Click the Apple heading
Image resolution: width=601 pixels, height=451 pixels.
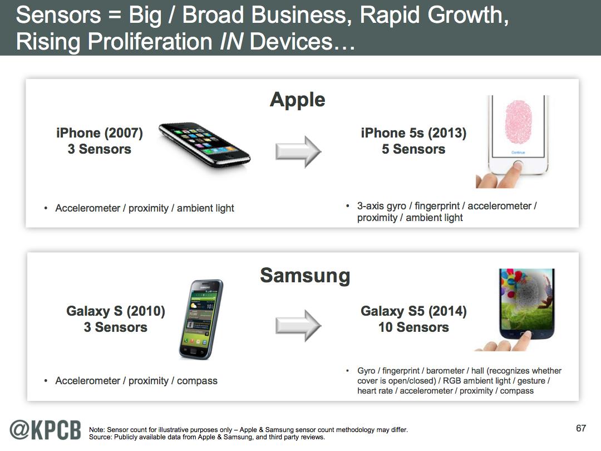click(297, 100)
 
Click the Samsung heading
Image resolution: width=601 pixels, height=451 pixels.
click(305, 276)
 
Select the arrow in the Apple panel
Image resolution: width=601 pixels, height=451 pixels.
click(298, 151)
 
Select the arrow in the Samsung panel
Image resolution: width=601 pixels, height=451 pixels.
click(298, 326)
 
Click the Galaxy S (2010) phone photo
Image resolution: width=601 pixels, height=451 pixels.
click(201, 320)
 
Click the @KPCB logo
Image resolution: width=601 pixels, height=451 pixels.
click(45, 430)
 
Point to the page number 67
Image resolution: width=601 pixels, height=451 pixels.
click(581, 428)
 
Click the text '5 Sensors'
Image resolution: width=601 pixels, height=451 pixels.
click(413, 149)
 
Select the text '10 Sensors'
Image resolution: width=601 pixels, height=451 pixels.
click(413, 327)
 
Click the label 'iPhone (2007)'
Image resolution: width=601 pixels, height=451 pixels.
click(99, 133)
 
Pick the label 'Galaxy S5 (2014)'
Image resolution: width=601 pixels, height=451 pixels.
click(413, 311)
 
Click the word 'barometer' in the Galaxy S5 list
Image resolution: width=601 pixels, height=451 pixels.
click(445, 371)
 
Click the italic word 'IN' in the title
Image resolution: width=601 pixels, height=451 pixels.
click(231, 41)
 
